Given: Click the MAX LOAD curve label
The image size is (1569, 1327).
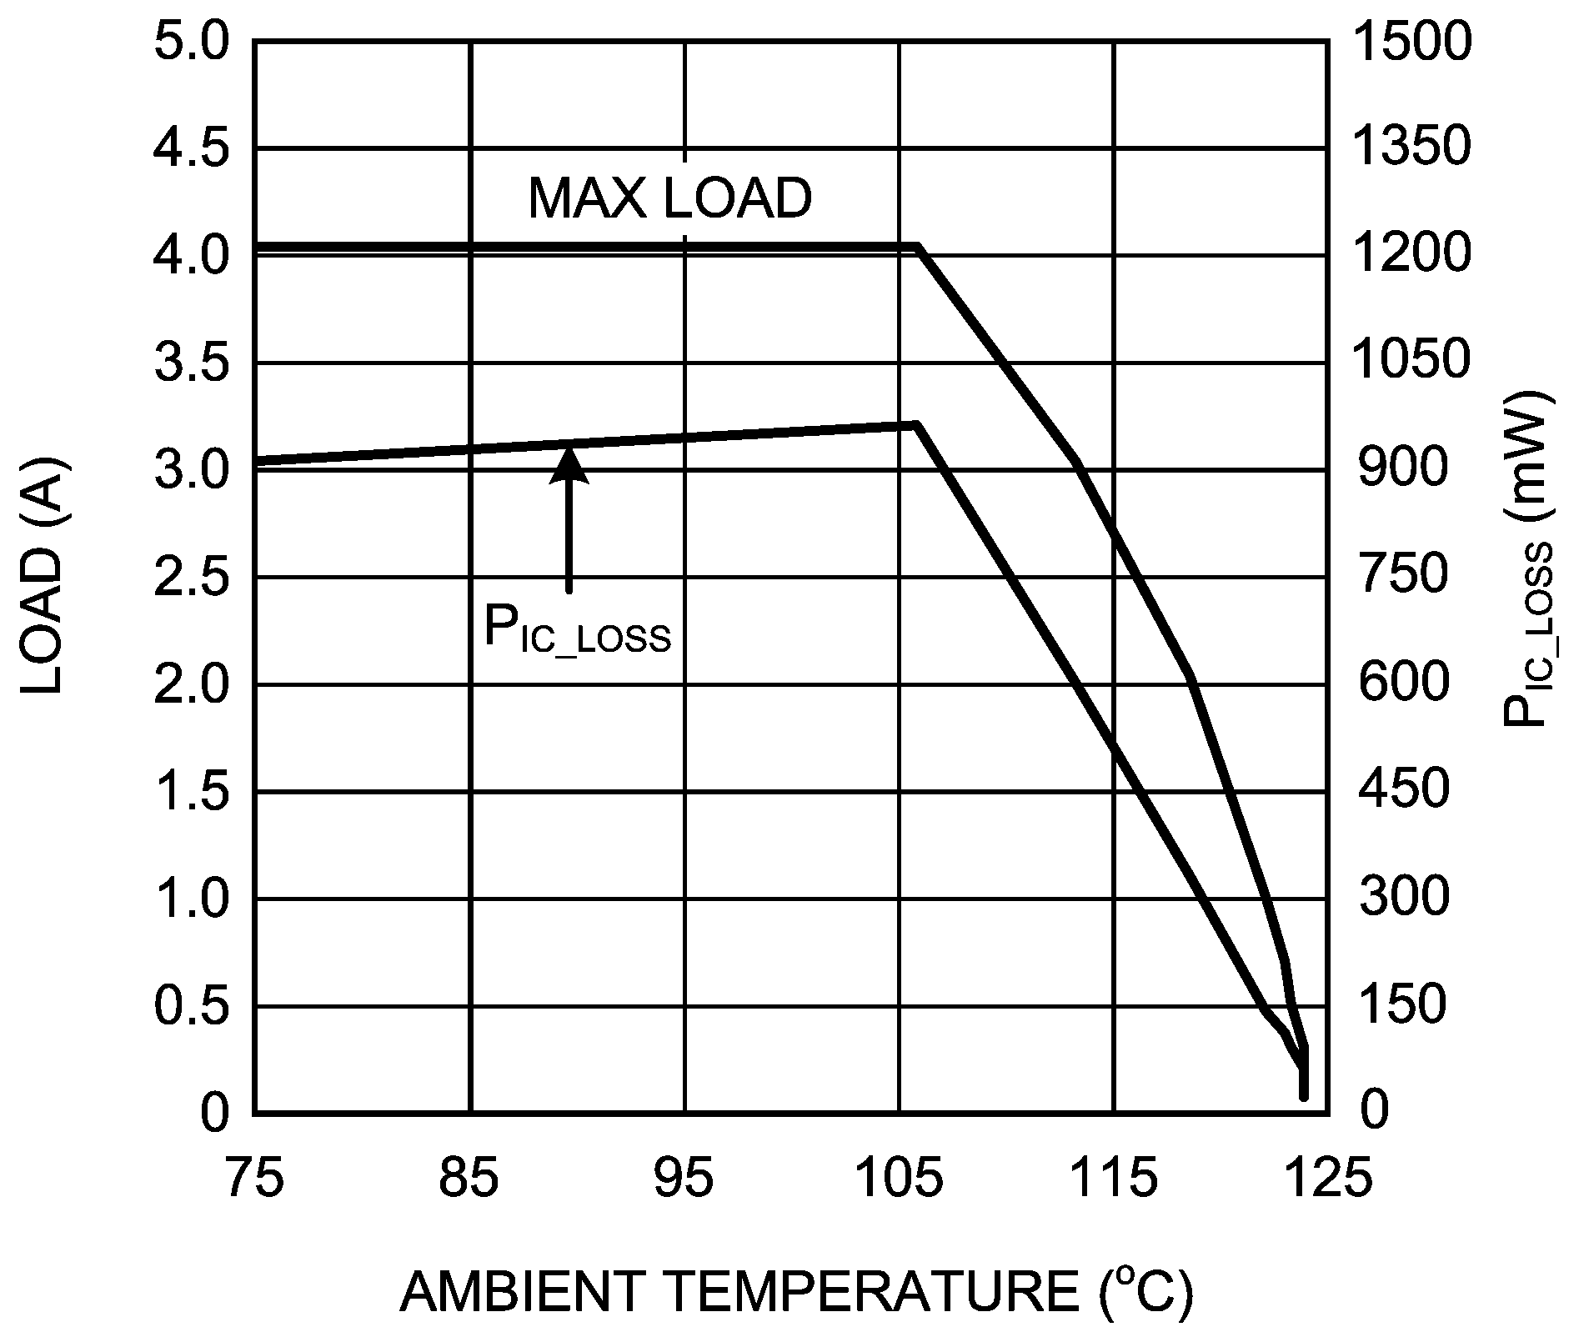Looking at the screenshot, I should (669, 199).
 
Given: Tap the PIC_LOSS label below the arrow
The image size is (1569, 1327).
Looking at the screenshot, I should (577, 631).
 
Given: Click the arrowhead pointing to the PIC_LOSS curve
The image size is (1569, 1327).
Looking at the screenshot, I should (569, 465).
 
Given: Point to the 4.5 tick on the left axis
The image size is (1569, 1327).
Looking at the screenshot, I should (191, 148).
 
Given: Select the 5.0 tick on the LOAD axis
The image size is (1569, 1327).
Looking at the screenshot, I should (191, 42).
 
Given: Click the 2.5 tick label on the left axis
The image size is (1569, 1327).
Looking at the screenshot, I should (191, 578).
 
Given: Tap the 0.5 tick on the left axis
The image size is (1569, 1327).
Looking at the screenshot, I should (191, 1006).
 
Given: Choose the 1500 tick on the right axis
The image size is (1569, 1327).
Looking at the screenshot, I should (1411, 42).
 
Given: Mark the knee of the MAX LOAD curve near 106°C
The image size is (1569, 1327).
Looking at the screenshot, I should (919, 247).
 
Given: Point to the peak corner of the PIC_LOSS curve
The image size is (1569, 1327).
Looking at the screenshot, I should (915, 425).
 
